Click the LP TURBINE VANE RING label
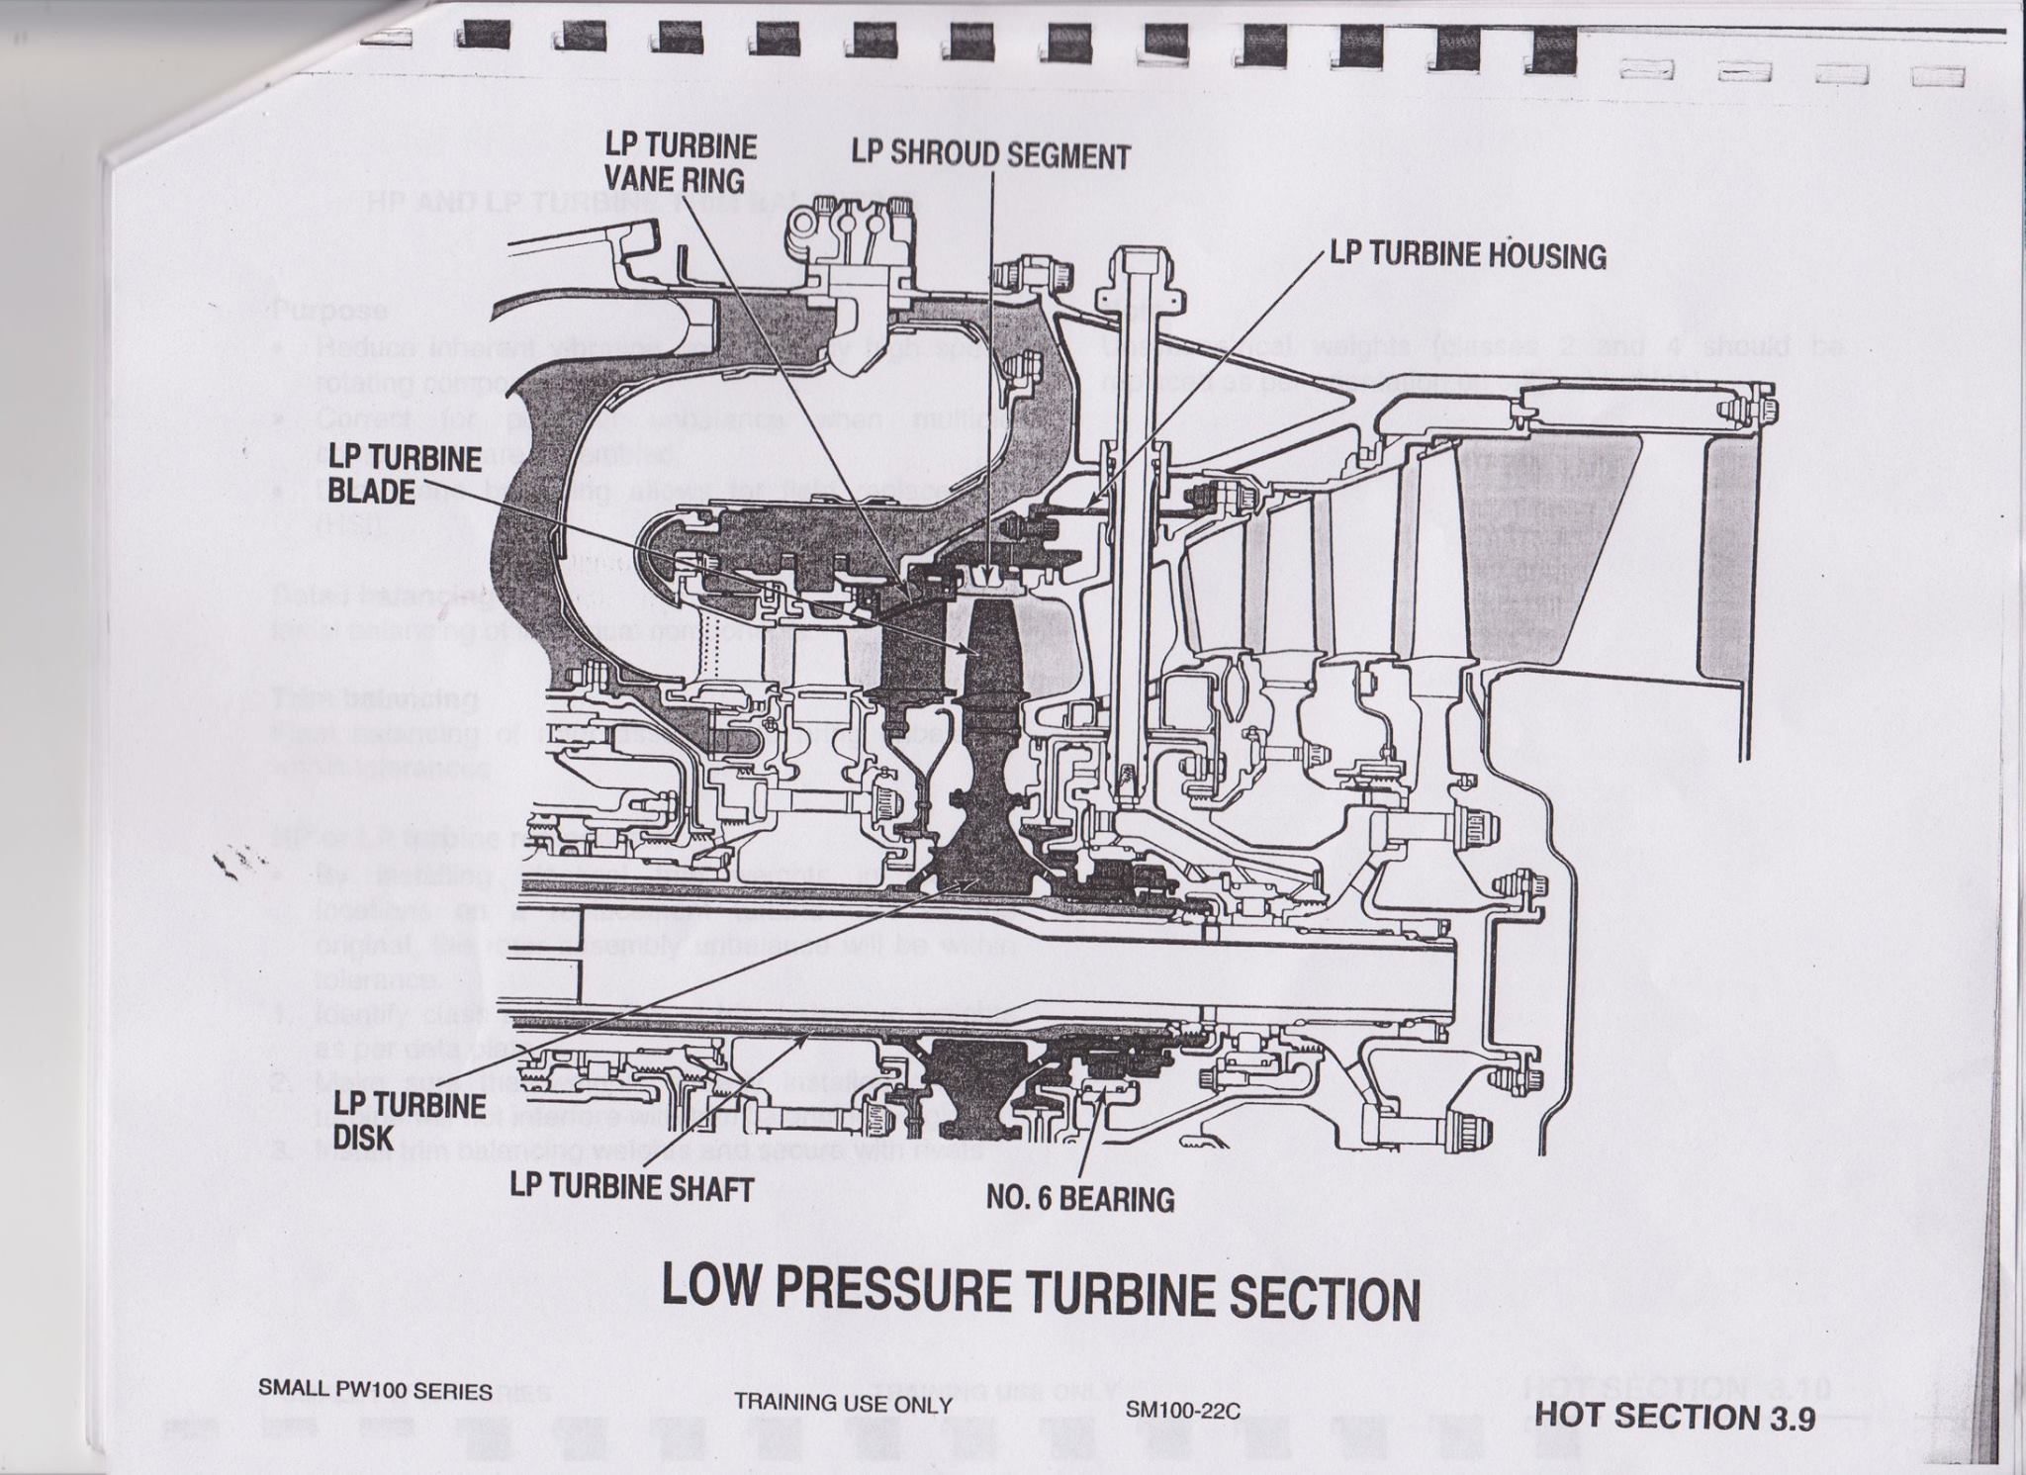point(682,163)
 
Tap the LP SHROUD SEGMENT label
point(991,155)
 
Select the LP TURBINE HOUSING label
point(1467,255)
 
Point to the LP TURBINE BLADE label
point(405,474)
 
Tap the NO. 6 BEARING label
point(1080,1199)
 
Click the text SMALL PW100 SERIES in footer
point(375,1391)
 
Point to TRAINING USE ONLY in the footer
point(844,1404)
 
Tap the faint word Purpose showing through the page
point(328,310)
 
